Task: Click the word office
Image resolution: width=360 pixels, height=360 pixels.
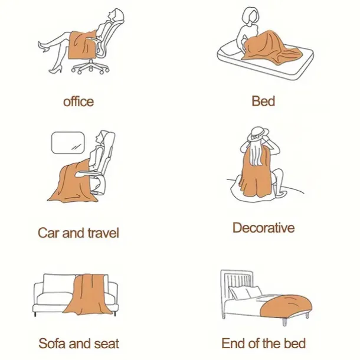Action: (78, 102)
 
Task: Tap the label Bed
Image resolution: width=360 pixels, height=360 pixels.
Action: (263, 102)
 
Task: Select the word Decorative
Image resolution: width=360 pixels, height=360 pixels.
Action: (264, 228)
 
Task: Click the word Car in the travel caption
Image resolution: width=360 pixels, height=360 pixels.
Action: (48, 233)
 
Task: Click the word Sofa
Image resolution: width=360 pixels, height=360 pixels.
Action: (52, 343)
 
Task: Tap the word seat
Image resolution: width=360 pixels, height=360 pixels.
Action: (107, 343)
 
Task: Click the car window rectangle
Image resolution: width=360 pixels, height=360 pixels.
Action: (68, 143)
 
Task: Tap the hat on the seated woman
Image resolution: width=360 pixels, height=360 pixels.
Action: (258, 134)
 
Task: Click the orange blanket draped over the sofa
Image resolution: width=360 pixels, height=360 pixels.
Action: (88, 294)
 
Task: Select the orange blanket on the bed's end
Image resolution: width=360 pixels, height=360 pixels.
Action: (286, 306)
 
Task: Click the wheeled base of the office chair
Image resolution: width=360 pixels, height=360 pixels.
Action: (90, 67)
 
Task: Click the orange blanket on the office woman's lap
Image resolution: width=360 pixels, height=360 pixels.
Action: (82, 45)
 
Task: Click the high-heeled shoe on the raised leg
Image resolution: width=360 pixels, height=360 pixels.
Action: (44, 47)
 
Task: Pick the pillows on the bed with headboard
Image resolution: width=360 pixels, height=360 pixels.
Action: (245, 292)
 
